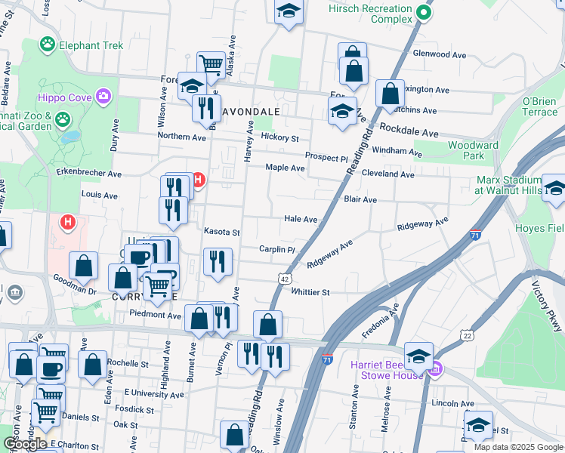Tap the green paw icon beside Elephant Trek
tap(49, 45)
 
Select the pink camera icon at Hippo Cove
tap(103, 97)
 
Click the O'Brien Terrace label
tap(539, 106)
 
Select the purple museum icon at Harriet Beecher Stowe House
tap(435, 369)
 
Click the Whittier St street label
tap(310, 292)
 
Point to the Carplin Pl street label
tap(276, 249)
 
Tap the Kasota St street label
tap(221, 233)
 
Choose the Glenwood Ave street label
tap(440, 54)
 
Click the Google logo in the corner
tap(25, 444)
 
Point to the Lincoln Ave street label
tap(452, 403)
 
